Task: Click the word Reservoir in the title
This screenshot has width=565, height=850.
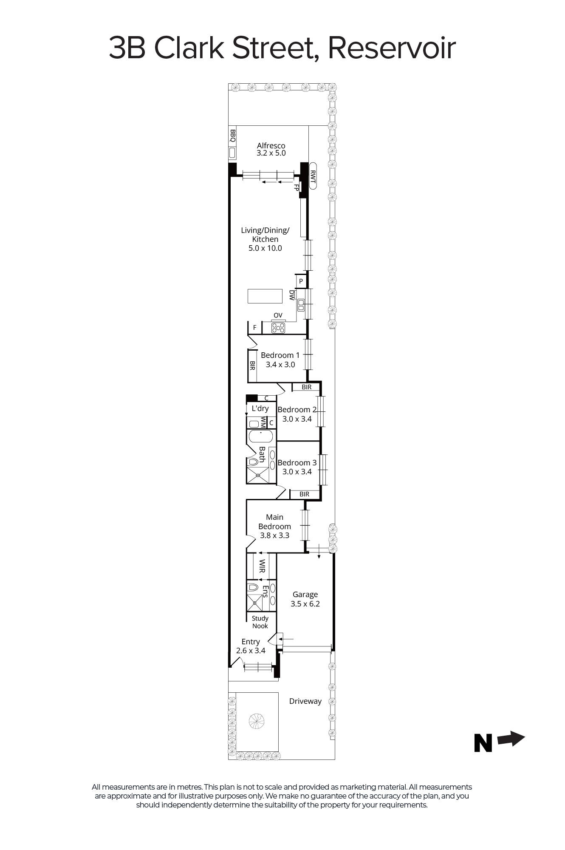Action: click(391, 48)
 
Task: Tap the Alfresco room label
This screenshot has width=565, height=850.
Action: click(271, 145)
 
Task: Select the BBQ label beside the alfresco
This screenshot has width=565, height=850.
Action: click(232, 136)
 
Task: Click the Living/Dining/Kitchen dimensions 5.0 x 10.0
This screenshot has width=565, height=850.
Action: click(265, 248)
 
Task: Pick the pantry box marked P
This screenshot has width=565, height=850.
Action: click(301, 281)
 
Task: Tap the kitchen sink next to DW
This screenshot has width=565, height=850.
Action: click(301, 304)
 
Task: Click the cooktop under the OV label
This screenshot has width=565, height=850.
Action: click(278, 328)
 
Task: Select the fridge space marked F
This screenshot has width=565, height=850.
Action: click(254, 328)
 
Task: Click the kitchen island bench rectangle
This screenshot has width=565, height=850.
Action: click(265, 296)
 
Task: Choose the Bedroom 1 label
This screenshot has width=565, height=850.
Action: click(280, 355)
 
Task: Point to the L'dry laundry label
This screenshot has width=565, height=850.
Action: click(260, 408)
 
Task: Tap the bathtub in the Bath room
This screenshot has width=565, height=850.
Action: click(260, 436)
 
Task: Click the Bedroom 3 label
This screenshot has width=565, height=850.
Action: click(297, 463)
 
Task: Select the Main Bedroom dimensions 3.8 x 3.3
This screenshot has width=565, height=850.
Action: click(274, 535)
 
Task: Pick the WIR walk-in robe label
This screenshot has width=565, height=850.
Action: click(262, 566)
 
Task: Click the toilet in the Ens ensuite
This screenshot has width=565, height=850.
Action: click(253, 587)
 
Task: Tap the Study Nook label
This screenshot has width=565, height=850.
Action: click(260, 622)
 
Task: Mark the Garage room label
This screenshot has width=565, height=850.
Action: click(305, 595)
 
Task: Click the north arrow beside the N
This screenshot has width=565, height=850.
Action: click(511, 739)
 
